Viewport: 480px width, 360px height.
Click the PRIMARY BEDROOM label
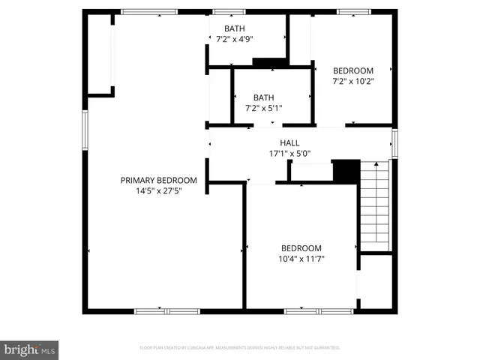(x=159, y=180)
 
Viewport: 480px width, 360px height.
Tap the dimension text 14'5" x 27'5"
(x=159, y=191)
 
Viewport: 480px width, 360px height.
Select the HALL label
(x=289, y=142)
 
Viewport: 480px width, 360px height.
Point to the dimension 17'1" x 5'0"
(x=289, y=154)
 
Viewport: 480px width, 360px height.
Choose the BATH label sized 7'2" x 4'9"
(x=229, y=28)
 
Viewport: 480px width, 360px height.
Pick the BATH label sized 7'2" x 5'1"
(x=263, y=97)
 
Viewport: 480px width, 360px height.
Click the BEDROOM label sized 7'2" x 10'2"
(x=352, y=71)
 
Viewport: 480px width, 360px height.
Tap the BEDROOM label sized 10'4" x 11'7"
(x=301, y=248)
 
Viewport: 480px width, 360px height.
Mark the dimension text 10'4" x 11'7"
(x=301, y=259)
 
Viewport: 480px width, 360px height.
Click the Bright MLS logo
(x=30, y=349)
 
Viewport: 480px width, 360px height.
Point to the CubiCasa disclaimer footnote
(x=240, y=348)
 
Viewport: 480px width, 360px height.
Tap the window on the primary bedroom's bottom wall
(x=166, y=310)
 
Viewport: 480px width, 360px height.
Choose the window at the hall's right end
(x=394, y=142)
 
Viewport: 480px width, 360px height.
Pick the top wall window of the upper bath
(x=229, y=12)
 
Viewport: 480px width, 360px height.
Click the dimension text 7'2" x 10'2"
(x=352, y=82)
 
